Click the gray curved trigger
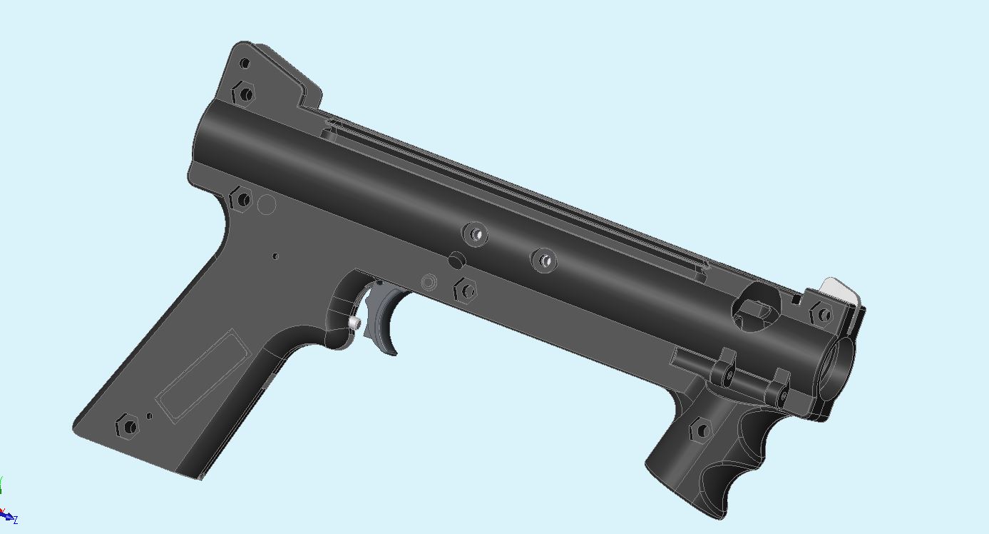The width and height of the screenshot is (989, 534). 385,318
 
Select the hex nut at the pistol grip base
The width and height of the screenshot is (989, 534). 128,427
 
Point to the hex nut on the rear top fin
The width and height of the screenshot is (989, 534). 243,94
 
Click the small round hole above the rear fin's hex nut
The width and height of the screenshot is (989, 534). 245,64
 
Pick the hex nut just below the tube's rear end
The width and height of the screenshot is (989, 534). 241,200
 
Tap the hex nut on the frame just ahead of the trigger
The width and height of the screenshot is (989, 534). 465,291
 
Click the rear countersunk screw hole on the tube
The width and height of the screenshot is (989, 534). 475,233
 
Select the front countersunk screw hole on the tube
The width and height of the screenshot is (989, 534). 544,261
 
